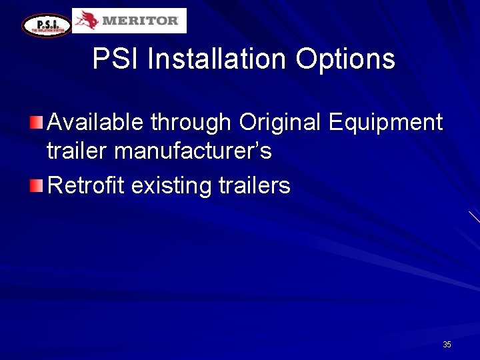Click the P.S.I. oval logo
pos(46,25)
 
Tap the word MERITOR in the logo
pos(141,21)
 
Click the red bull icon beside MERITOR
pos(87,21)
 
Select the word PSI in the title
pos(116,59)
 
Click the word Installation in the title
pos(217,59)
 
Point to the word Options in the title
pos(345,59)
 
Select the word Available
pos(95,123)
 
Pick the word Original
pos(280,123)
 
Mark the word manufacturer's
pos(193,151)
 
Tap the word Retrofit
pos(86,185)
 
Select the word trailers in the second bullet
pos(255,185)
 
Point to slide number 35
pos(447,345)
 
